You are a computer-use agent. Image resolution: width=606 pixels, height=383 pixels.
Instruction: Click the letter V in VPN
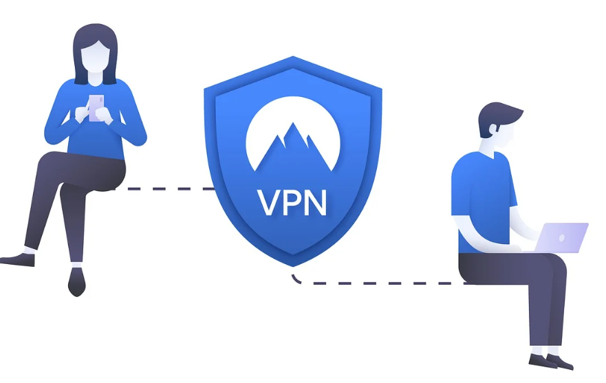pos(266,201)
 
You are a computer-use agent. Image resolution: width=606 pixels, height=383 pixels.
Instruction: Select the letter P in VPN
pos(290,201)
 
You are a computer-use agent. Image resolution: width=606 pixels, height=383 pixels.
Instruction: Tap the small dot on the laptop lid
pos(563,238)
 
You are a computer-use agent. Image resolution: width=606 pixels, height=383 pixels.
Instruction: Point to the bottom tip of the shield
pos(293,265)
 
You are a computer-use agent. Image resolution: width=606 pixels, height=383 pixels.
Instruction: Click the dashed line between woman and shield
pos(169,188)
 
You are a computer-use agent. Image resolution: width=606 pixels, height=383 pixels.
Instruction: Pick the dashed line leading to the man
pos(385,283)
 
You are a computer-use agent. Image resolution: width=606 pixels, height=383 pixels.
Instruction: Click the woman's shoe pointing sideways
pos(17,259)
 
